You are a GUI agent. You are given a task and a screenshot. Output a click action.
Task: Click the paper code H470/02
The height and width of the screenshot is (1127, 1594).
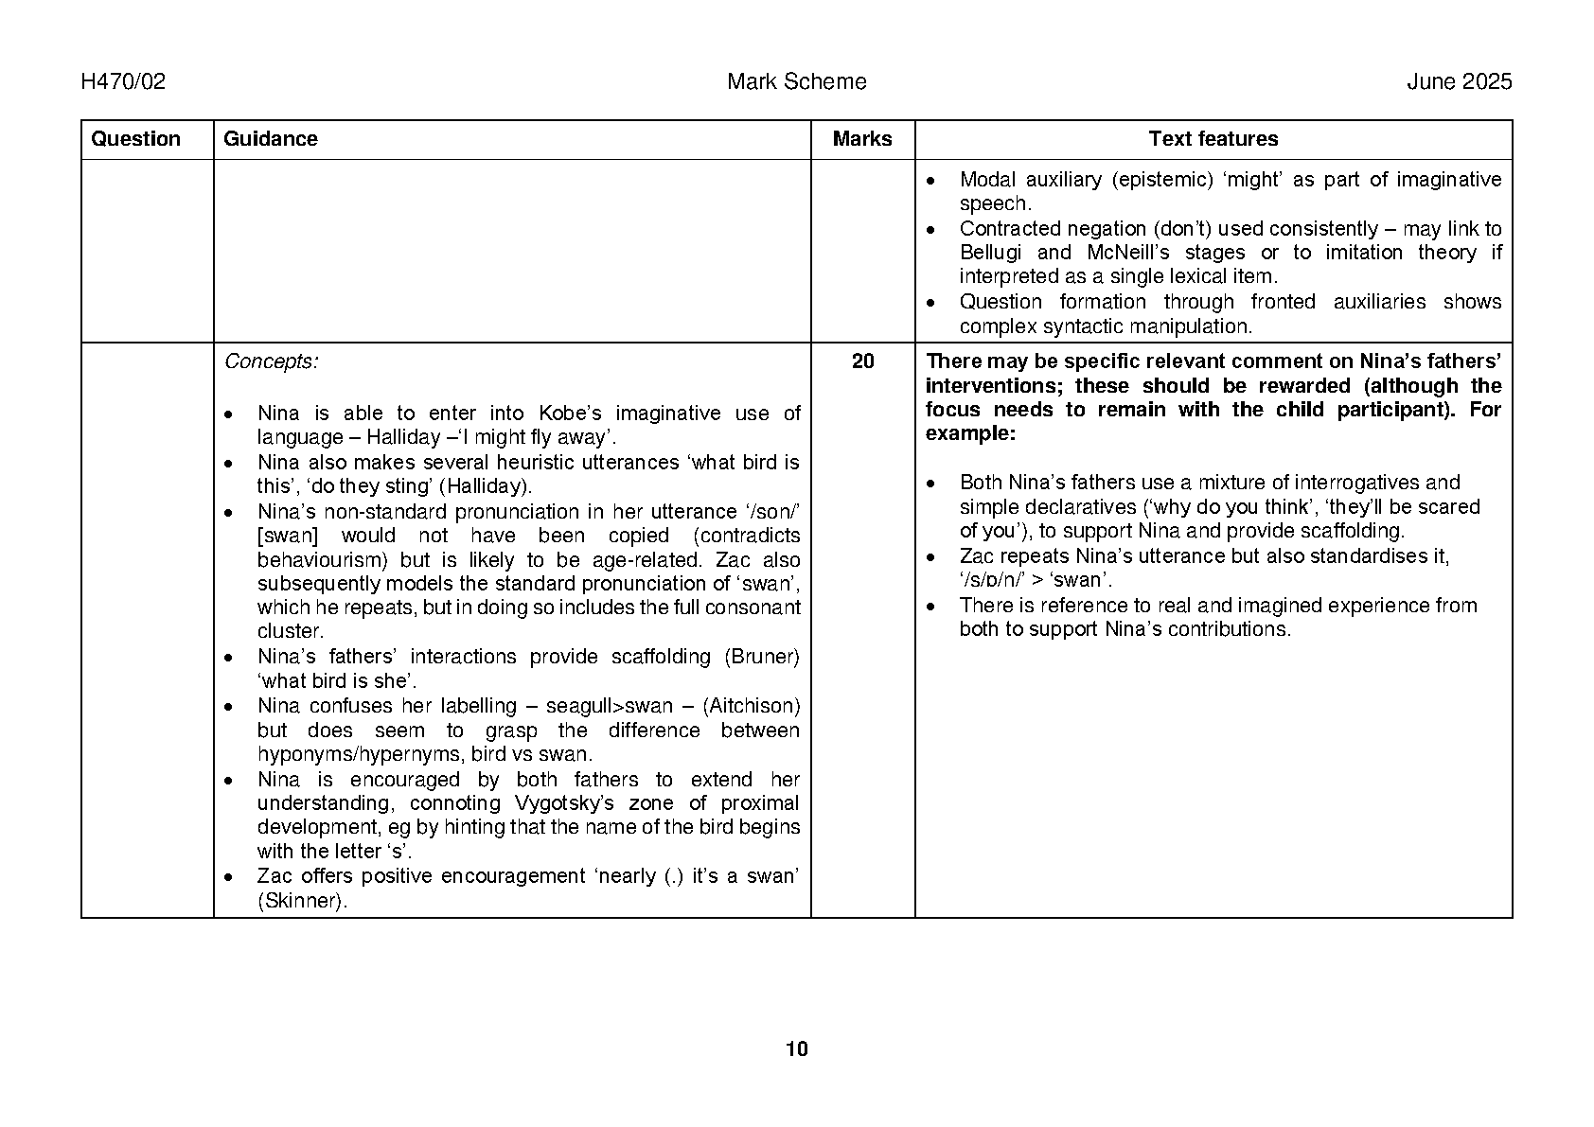pos(123,82)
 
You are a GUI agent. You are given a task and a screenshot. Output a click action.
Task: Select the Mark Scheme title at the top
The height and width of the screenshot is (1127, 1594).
pos(796,82)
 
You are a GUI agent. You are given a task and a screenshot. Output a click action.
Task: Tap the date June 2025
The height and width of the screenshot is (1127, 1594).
pos(1459,82)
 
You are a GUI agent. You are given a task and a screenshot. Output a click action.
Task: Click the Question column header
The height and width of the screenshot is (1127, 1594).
pos(135,139)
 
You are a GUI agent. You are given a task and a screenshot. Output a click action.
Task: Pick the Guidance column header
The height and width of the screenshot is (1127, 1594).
pos(271,139)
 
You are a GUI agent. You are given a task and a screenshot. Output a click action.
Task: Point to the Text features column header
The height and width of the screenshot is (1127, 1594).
pos(1213,139)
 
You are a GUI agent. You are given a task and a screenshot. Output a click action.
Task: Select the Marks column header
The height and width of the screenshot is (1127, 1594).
pos(862,139)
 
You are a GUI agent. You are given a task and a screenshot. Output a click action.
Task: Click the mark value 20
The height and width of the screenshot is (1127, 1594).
pos(862,361)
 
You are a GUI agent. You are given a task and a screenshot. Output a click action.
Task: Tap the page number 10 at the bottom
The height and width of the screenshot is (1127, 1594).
pos(797,1048)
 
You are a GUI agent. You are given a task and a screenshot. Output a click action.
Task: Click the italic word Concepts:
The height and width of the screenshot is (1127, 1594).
pos(271,361)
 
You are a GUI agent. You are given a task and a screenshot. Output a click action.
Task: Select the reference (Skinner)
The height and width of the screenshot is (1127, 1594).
pos(302,901)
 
